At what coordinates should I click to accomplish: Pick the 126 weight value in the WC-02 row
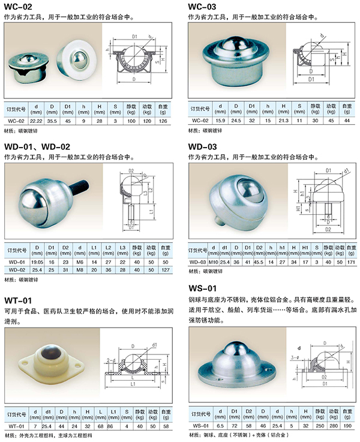(x=163, y=121)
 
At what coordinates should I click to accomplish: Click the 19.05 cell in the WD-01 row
(x=37, y=261)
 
